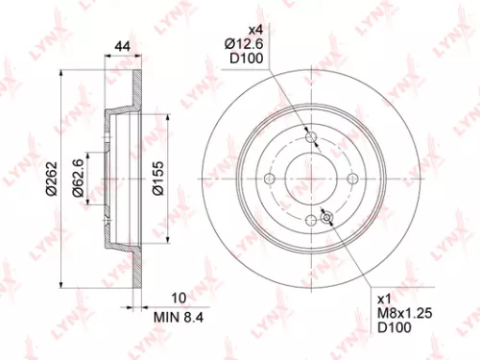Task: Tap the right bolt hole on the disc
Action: (x=351, y=179)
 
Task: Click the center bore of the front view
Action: (x=312, y=179)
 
